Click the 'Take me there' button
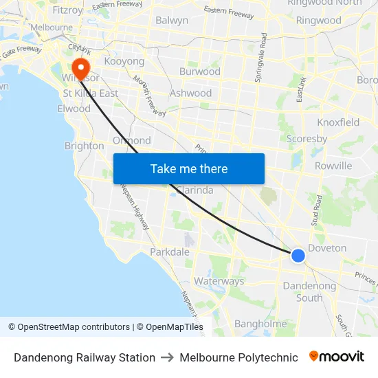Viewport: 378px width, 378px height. pos(188,168)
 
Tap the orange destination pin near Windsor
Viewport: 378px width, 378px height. pos(81,67)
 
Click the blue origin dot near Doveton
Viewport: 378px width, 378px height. pos(298,256)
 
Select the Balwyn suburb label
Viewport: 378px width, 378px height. pos(172,21)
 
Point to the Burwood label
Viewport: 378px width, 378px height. pos(199,71)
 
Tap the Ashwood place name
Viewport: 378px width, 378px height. pos(190,93)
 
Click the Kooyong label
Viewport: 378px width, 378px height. pos(124,61)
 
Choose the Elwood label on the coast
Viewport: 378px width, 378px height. pos(74,109)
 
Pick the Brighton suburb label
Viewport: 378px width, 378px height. pos(84,146)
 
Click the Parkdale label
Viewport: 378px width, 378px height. pos(170,252)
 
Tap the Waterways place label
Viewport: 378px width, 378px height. pos(219,281)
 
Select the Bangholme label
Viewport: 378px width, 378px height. pos(260,324)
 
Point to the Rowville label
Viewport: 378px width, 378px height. pos(333,166)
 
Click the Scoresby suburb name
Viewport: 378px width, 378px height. pos(307,138)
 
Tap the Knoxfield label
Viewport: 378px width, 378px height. pos(338,122)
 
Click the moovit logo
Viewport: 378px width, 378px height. pos(337,357)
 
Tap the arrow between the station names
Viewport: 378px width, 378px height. pos(168,357)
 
